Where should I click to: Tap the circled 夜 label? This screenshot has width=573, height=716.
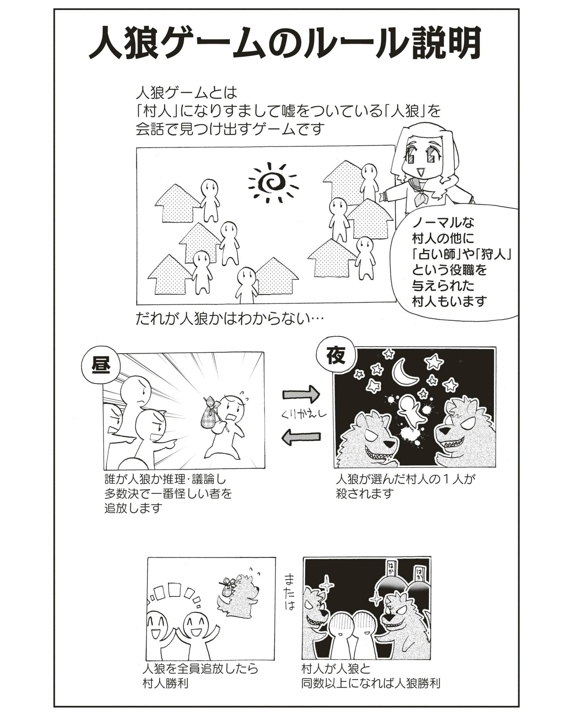[x=334, y=357]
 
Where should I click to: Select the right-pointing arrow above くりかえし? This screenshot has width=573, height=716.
[x=302, y=394]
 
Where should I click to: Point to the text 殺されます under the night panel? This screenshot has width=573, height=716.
[x=365, y=493]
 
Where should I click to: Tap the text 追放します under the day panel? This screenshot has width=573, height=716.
[x=134, y=508]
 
